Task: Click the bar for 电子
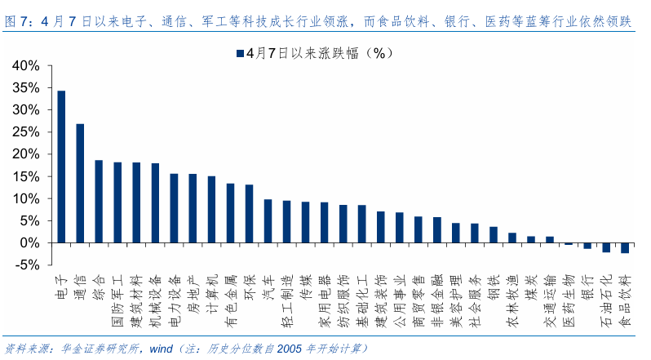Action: (61, 167)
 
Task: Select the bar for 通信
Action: (80, 183)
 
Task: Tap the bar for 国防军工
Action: (117, 202)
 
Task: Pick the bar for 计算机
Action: (211, 210)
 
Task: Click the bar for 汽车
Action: (268, 221)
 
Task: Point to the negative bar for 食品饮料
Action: (625, 248)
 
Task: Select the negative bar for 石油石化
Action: (606, 247)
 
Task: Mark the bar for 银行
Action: (587, 246)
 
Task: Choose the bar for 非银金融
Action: (437, 230)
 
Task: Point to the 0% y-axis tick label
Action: (29, 243)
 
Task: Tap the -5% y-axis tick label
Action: (27, 265)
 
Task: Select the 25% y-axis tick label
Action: (26, 132)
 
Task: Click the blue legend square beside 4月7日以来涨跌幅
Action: (240, 53)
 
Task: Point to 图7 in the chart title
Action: (15, 21)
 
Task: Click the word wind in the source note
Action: (161, 349)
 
